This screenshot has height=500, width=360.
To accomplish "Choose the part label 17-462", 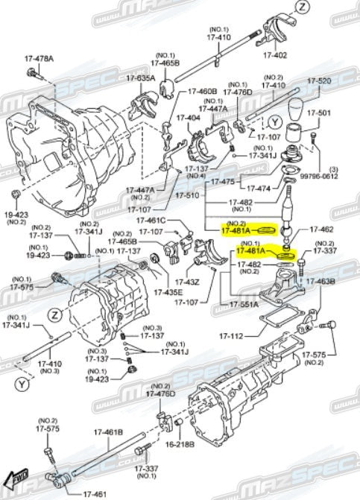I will tap(322, 230).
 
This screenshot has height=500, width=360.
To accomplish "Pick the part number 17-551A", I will tap(244, 304).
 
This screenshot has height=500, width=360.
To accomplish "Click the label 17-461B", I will tap(108, 431).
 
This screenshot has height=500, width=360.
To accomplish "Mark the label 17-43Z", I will tap(188, 282).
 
